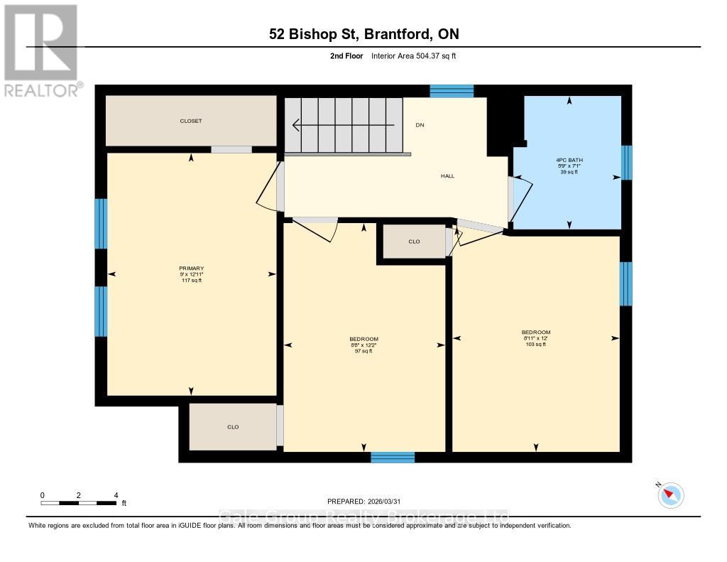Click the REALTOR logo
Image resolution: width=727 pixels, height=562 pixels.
click(41, 50)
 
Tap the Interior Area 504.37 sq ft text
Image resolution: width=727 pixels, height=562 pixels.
click(419, 56)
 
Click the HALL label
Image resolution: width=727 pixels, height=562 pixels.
click(447, 175)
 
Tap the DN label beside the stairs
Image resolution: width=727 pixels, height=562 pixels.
click(420, 125)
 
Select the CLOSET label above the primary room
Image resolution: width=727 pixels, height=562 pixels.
click(190, 121)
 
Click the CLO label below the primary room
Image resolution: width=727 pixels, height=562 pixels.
click(232, 427)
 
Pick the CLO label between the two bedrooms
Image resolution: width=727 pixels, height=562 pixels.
click(414, 242)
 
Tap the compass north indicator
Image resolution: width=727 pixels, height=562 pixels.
click(670, 495)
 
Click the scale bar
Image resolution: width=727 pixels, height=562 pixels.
click(78, 503)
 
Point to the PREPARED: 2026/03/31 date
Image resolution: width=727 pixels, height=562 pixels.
click(368, 501)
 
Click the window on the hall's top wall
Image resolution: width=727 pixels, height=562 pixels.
click(452, 90)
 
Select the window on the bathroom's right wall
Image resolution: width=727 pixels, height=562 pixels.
click(626, 163)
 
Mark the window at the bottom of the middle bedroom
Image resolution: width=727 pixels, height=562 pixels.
click(393, 457)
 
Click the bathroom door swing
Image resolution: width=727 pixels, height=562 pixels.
click(520, 199)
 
